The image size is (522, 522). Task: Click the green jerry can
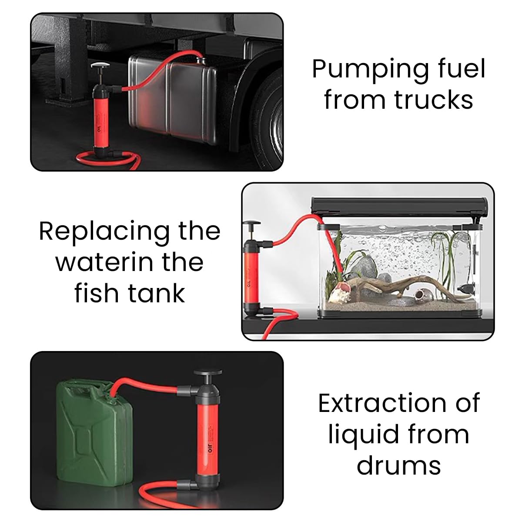(94, 431)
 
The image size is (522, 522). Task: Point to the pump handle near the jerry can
(207, 373)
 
